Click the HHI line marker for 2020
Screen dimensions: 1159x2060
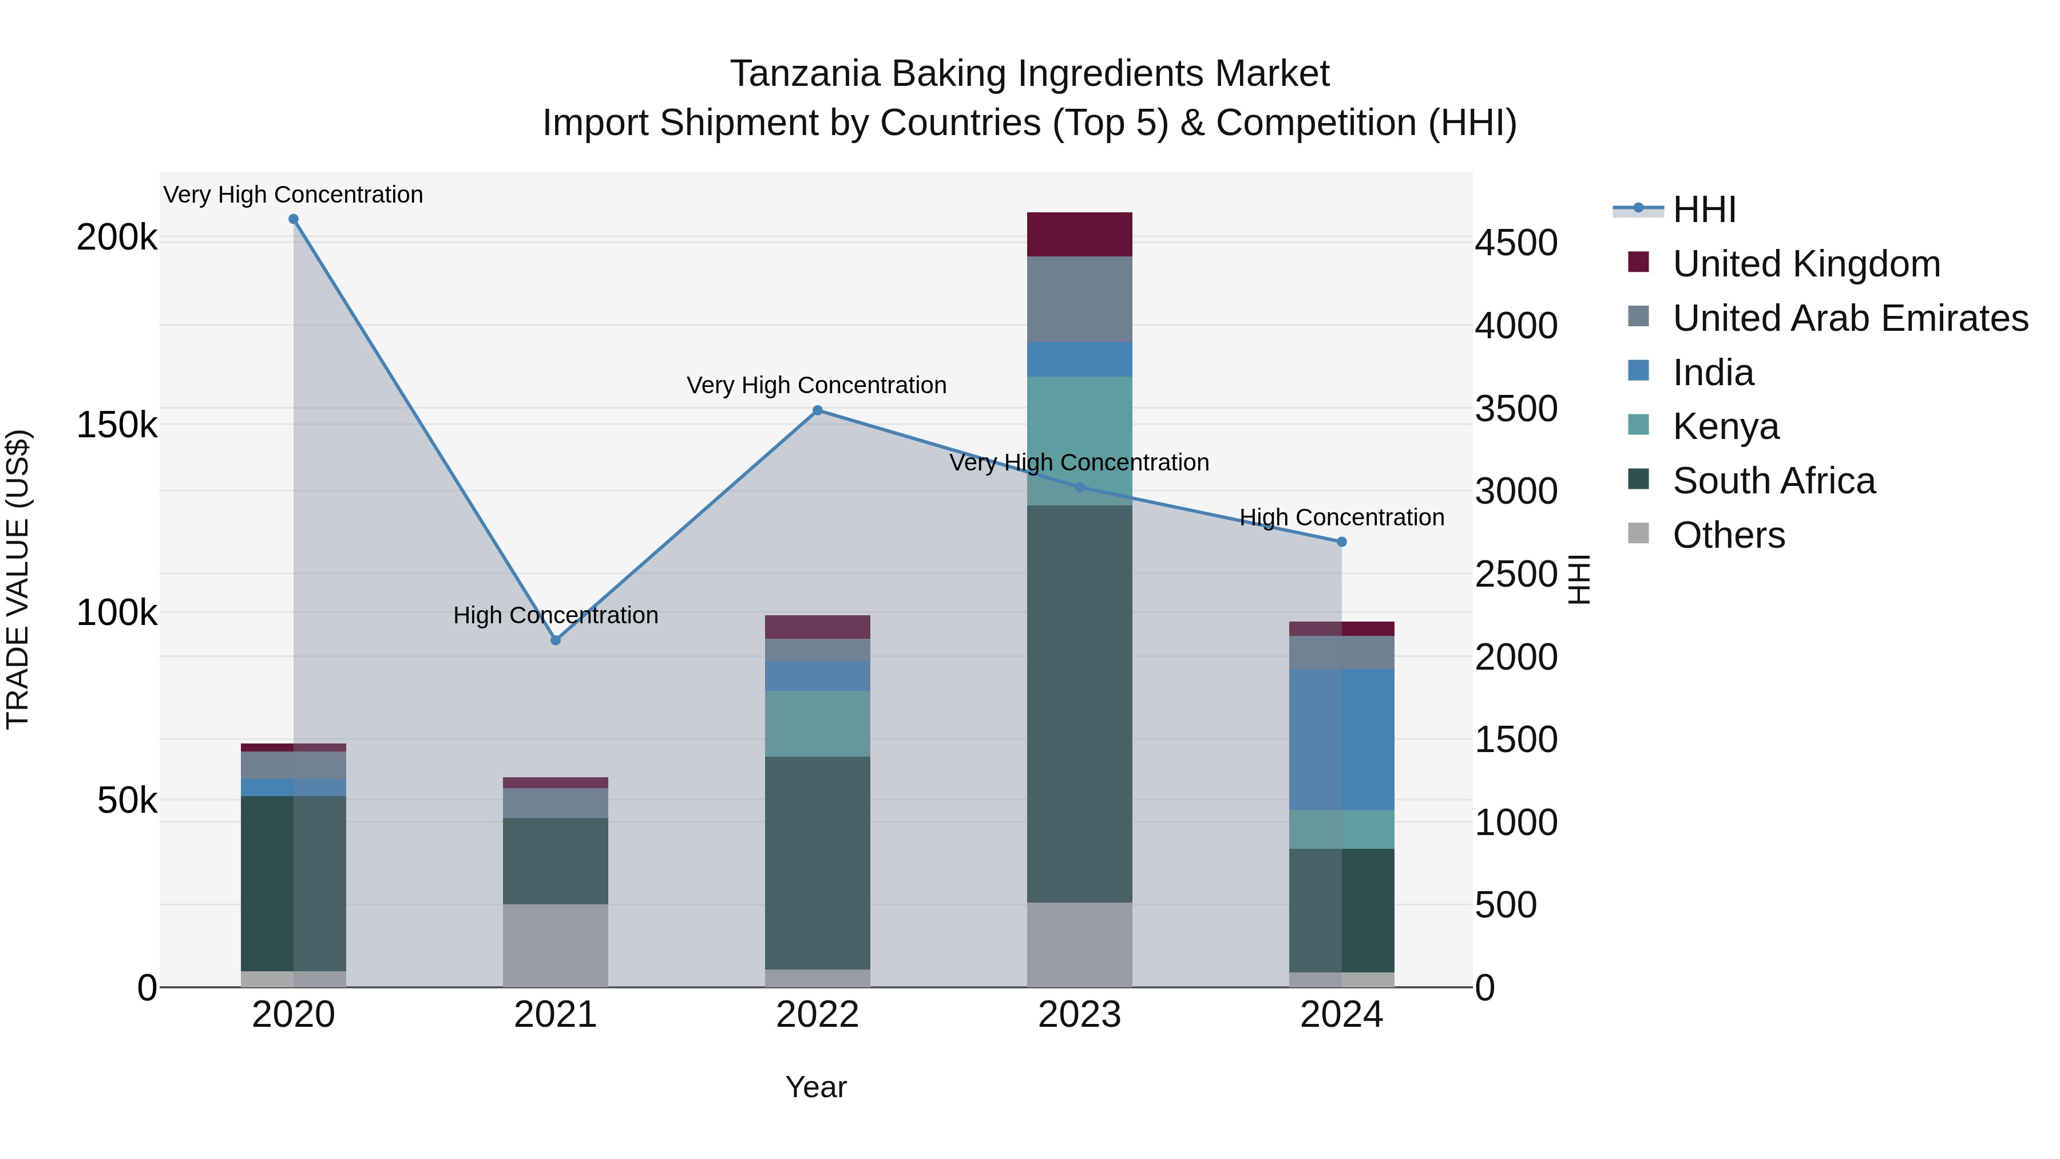coord(294,219)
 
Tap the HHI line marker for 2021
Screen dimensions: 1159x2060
coord(556,640)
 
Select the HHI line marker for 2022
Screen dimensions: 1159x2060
coord(817,410)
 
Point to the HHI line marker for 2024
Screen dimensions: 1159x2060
coord(1342,541)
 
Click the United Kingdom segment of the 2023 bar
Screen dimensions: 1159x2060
coord(1080,234)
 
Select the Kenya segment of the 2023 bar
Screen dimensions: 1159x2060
coord(1080,440)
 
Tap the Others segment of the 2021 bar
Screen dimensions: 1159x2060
coord(556,946)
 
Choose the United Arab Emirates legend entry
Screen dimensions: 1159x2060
coord(1849,318)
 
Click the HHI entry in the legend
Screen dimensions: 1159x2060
coord(1704,209)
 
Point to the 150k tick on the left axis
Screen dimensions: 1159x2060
coord(117,425)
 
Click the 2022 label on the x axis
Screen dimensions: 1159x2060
coord(817,1014)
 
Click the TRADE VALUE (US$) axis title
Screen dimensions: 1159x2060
coord(18,579)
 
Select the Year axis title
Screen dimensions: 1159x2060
coord(815,1087)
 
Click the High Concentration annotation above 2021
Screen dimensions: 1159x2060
coord(556,615)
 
